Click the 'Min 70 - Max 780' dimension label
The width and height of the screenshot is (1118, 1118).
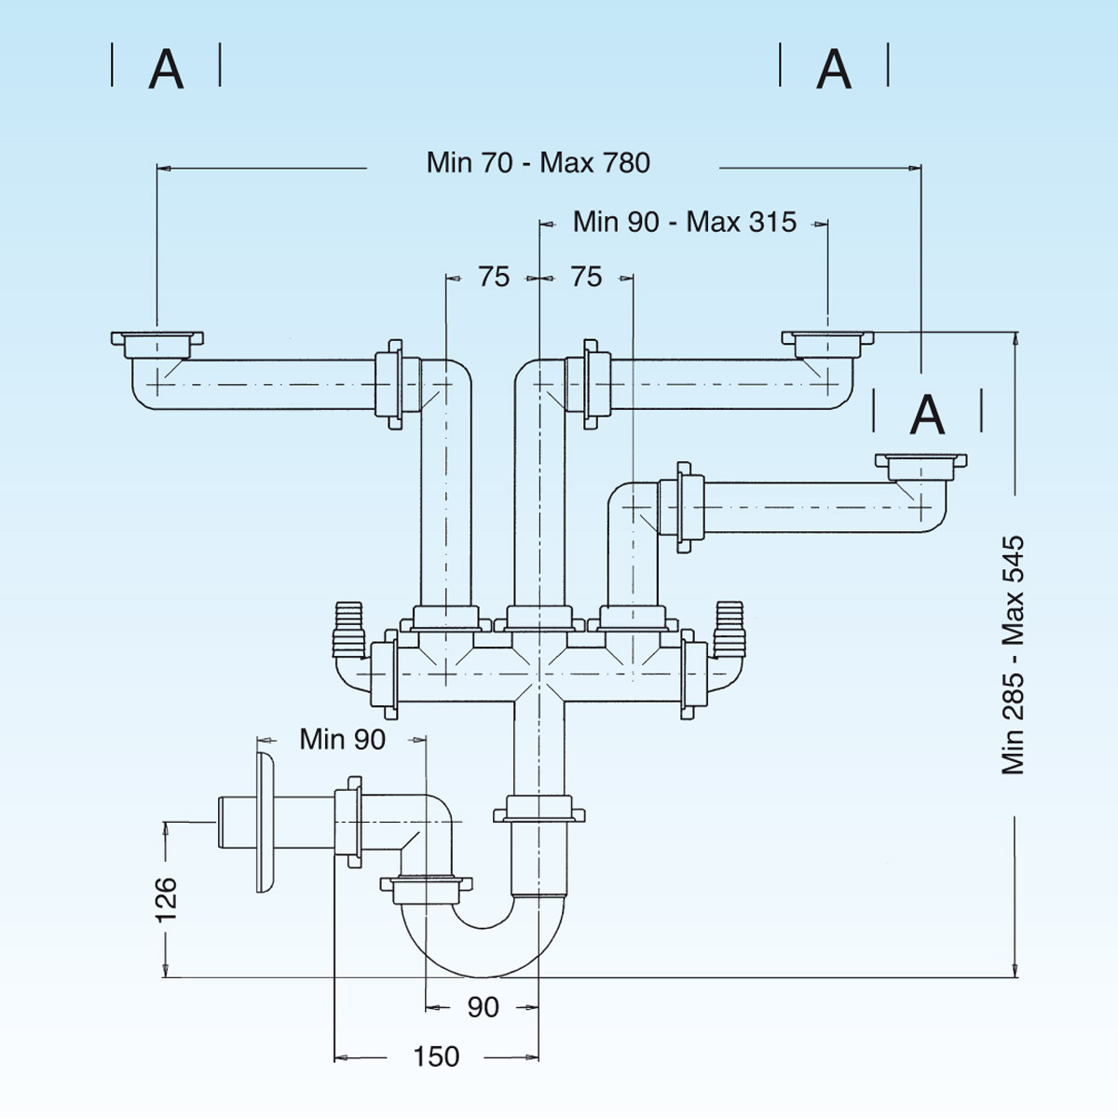(538, 163)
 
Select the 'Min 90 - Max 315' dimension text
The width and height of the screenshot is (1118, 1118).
(684, 222)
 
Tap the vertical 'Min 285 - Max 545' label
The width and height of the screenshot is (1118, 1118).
(1013, 655)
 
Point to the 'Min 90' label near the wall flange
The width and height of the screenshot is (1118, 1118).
(342, 740)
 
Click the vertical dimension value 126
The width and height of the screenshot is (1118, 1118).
(166, 899)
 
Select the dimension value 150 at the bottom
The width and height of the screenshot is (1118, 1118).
(436, 1057)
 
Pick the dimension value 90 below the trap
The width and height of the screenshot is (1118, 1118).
(483, 1007)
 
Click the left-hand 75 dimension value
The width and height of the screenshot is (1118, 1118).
(494, 277)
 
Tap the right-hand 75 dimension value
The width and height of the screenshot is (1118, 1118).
(586, 277)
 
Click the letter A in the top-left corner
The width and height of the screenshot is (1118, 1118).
(166, 68)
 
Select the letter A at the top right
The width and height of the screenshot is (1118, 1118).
(834, 68)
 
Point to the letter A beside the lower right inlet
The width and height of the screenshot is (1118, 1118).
(927, 415)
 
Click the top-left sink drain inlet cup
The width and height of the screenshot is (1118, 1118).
(157, 343)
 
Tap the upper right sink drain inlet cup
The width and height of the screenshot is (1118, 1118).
(827, 343)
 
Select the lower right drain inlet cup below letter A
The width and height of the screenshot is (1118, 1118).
(920, 465)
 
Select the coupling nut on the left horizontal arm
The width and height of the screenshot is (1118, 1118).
(389, 384)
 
